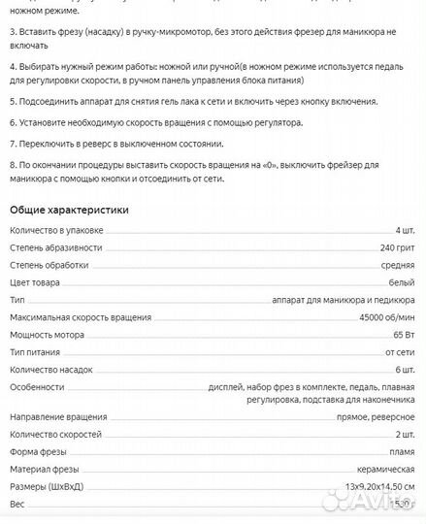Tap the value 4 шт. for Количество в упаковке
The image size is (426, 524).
coord(405,230)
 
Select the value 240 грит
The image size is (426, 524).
coord(397,247)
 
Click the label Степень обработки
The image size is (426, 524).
coord(49,265)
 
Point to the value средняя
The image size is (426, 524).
coord(397,265)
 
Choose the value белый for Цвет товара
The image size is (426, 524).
coord(402,282)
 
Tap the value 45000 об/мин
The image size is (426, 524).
coord(386,318)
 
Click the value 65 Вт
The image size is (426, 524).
coord(404,336)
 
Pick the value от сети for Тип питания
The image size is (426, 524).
coord(399,353)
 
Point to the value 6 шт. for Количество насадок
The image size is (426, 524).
coord(405,371)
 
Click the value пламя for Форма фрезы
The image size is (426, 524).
coord(401,451)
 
